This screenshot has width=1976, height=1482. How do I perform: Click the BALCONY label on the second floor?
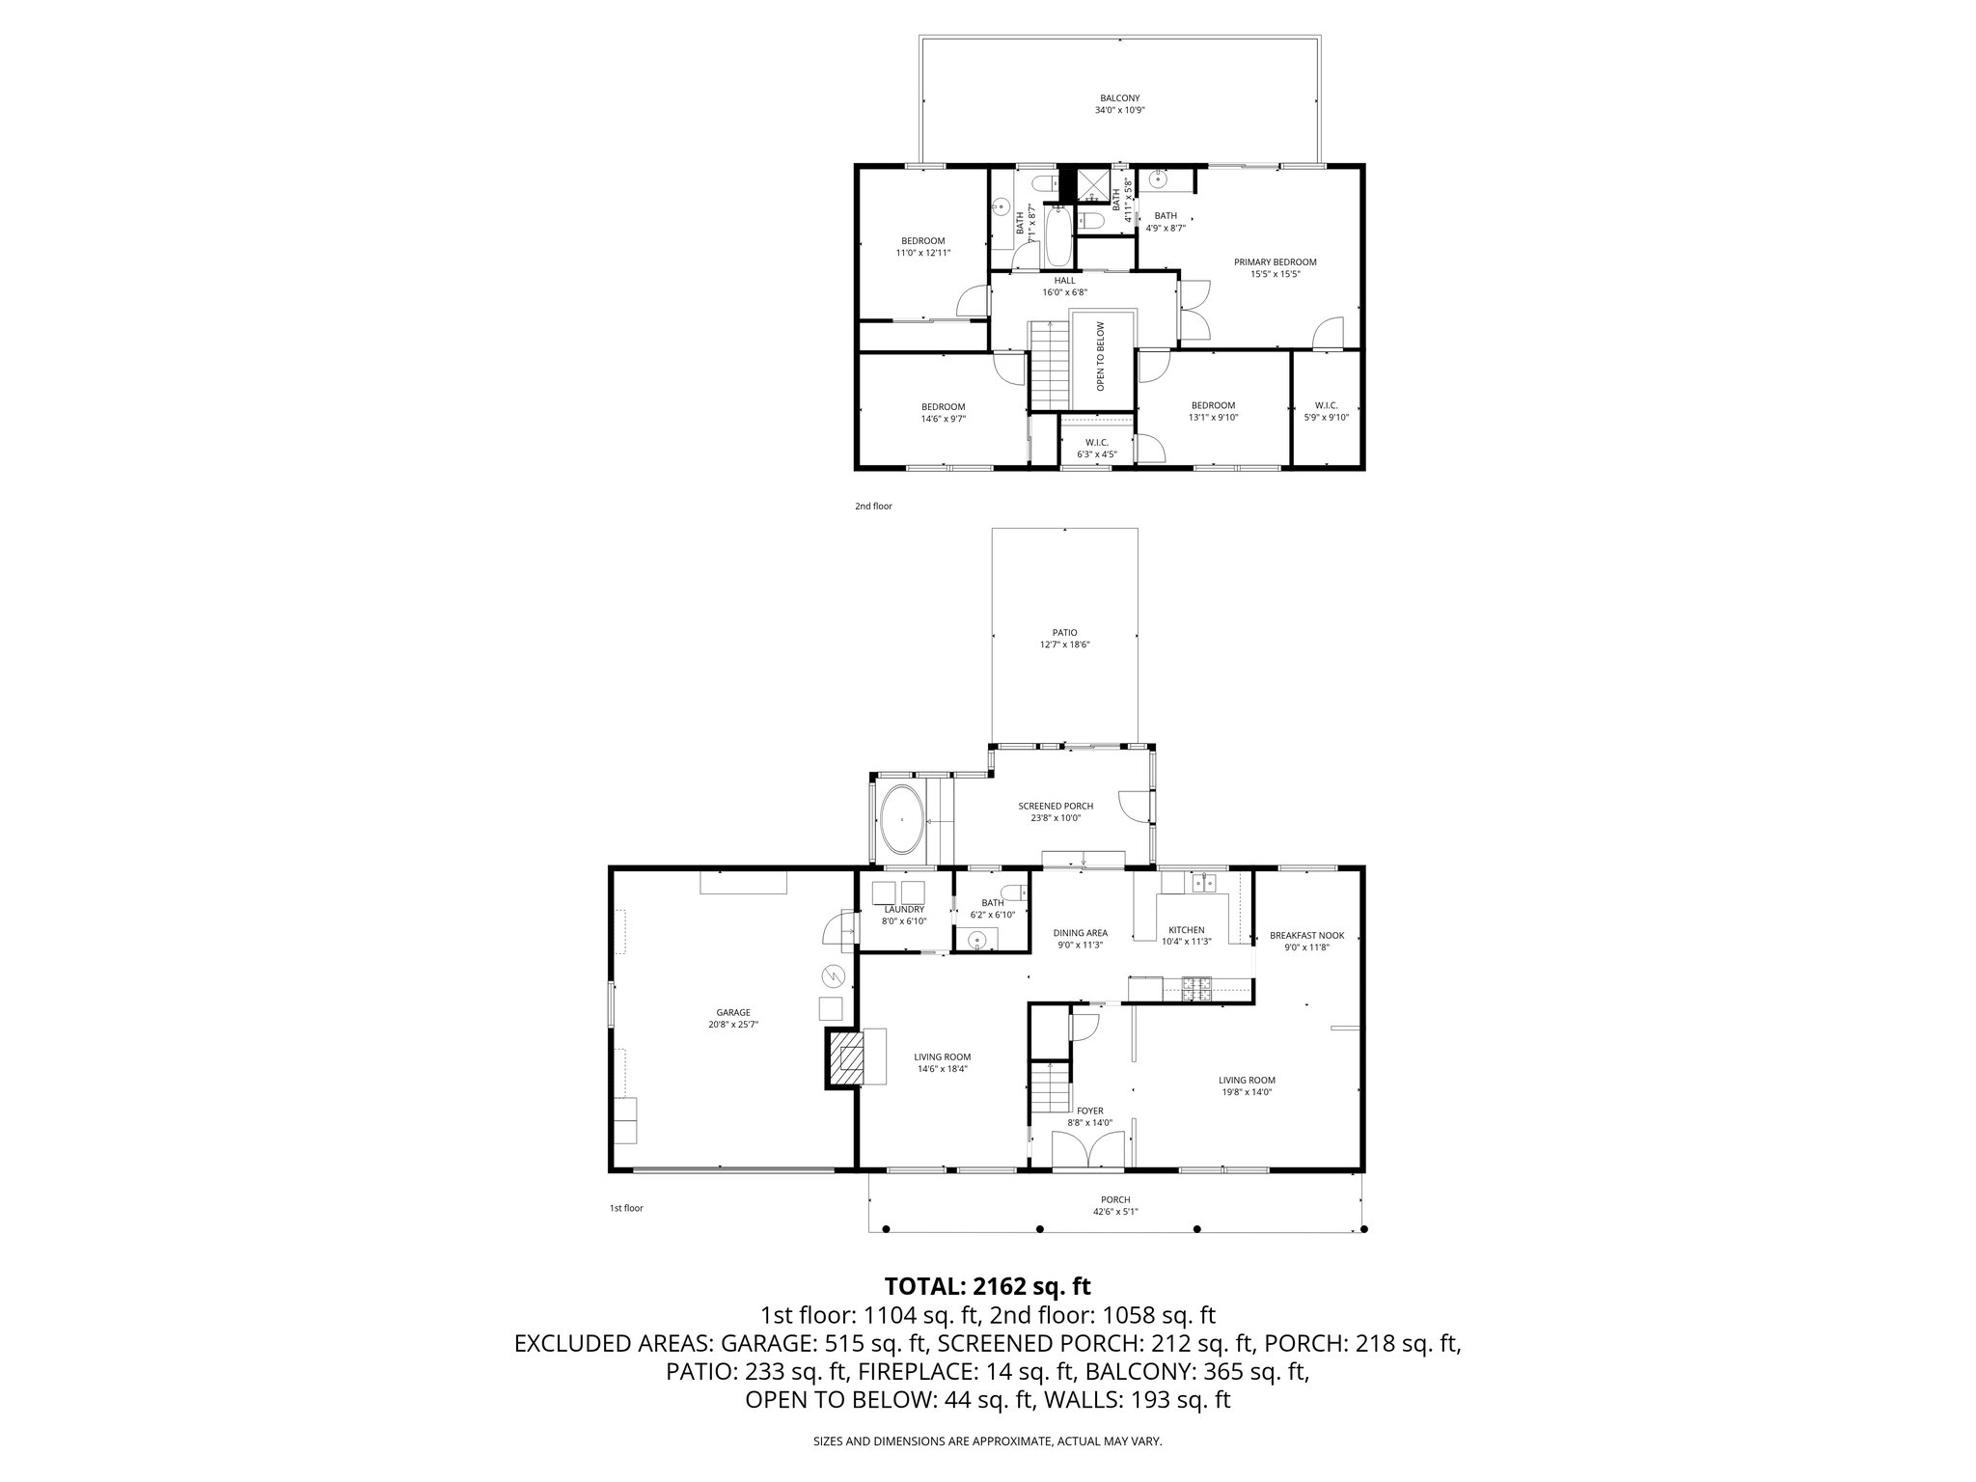click(1119, 97)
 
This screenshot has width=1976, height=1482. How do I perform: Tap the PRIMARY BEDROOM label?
click(1275, 262)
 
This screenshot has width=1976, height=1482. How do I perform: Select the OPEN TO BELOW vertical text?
click(1100, 356)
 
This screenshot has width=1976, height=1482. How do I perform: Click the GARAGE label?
click(733, 1012)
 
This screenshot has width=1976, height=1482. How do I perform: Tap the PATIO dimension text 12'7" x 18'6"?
click(1064, 645)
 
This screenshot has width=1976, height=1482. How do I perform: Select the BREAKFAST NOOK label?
click(1306, 935)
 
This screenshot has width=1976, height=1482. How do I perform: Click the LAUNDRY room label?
click(904, 909)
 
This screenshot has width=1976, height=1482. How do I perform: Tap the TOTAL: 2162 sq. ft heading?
click(987, 1286)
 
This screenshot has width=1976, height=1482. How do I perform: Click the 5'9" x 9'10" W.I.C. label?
click(1326, 418)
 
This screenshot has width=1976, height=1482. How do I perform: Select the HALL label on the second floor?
click(1064, 281)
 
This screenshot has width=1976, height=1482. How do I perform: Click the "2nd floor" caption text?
click(873, 506)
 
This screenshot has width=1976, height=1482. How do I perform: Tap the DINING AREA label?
click(1080, 933)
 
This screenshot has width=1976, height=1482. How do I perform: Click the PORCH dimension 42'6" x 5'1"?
click(1115, 1212)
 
